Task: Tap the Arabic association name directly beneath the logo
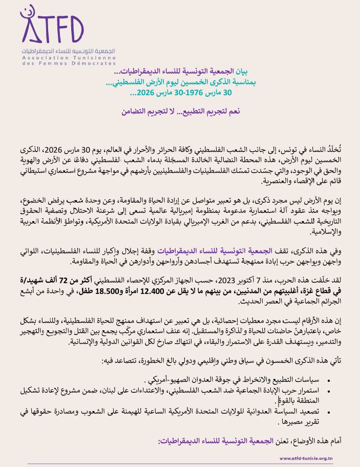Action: coord(69,52)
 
